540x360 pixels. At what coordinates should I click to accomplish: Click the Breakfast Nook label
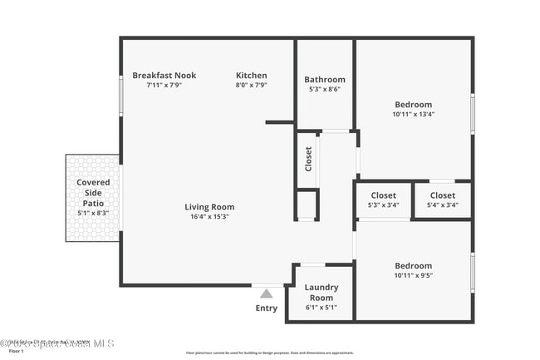point(164,76)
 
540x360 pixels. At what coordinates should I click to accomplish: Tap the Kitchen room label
point(251,76)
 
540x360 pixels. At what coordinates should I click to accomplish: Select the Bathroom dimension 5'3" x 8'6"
point(323,90)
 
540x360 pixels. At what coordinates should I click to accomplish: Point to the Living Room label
point(209,207)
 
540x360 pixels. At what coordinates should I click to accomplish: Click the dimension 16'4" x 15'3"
point(209,217)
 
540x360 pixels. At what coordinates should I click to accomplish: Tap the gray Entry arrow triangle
point(266,293)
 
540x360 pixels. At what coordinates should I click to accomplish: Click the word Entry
point(267,308)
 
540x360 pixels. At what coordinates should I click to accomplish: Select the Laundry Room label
point(321,293)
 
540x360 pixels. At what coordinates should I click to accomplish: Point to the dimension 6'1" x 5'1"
point(321,308)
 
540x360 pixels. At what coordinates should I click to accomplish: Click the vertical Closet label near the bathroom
point(308,158)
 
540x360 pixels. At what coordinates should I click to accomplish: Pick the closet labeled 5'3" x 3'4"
point(383,200)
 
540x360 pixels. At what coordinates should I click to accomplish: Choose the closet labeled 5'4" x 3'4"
point(442,200)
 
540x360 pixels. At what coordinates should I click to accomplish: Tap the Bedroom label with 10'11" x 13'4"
point(413,110)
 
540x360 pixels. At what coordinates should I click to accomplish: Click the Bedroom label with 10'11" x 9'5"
point(413,270)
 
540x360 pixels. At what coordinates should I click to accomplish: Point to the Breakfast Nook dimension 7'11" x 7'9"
point(164,85)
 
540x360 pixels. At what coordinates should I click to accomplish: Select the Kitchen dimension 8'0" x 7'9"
point(251,85)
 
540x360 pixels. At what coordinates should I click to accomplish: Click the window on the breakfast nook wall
point(121,96)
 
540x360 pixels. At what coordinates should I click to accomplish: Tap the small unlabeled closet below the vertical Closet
point(307,205)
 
